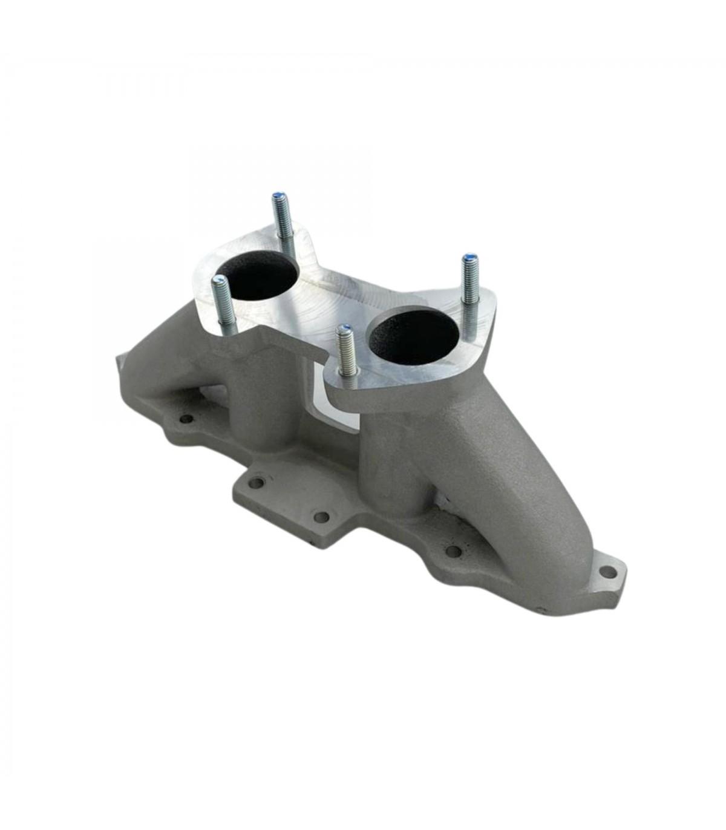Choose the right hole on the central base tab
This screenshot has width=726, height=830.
322,517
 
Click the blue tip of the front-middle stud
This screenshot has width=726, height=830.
344,329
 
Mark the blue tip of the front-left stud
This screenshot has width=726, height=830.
219,279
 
